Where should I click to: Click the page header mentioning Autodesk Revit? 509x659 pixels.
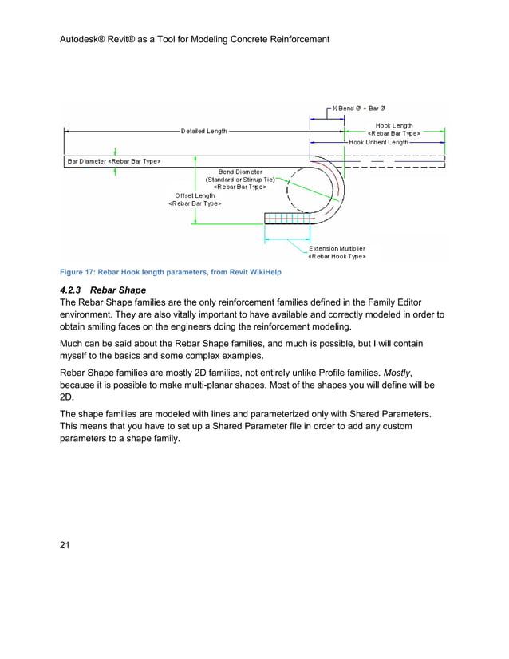[x=195, y=38]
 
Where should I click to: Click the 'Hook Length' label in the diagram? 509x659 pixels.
[x=394, y=125]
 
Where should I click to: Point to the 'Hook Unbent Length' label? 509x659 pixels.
[x=378, y=142]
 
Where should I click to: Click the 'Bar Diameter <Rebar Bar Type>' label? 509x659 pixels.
[x=114, y=161]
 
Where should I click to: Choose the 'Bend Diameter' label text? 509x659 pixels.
[x=239, y=172]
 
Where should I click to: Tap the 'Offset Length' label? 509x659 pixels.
[x=195, y=195]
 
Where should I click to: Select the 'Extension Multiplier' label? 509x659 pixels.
[x=337, y=248]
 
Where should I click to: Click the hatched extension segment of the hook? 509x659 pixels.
[x=286, y=219]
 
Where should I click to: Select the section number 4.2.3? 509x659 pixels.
[x=74, y=289]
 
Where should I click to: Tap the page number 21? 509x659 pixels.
[x=66, y=545]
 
